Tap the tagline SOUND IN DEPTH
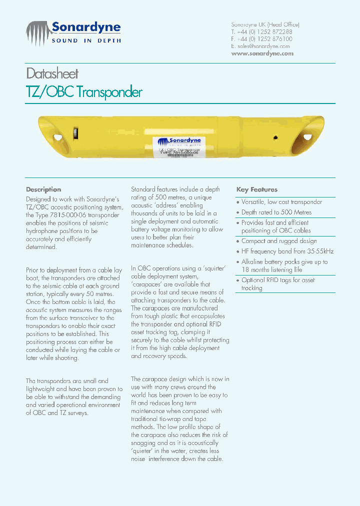point(86,41)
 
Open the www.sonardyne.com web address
point(262,53)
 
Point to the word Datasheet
point(52,74)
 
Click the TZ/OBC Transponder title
point(84,92)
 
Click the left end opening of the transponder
point(57,136)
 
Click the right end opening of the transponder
point(306,136)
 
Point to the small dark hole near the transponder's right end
point(274,136)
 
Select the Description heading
point(43,189)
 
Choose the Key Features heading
point(256,189)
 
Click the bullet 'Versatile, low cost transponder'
point(281,202)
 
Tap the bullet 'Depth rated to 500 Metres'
point(276,212)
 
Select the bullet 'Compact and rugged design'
point(279,241)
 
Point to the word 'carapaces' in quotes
point(147,284)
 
